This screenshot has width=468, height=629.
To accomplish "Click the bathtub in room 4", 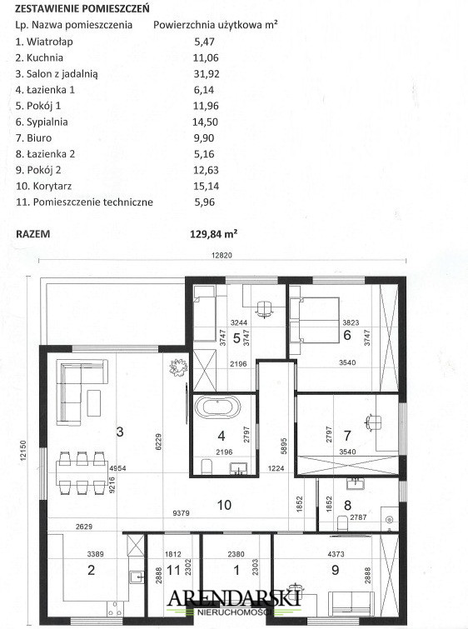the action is [217, 407].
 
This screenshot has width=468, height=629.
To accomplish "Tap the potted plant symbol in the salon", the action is [178, 367].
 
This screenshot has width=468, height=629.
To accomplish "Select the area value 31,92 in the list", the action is [207, 74].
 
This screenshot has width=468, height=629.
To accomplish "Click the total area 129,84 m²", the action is [214, 234].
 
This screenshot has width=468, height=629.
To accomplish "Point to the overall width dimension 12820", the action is [222, 255].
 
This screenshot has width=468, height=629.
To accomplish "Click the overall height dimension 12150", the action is [22, 450].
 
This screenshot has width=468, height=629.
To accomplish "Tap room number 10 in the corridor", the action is [224, 505].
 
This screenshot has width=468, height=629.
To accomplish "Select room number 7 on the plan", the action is [347, 435].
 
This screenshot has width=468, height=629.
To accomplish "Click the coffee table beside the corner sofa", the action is [94, 403].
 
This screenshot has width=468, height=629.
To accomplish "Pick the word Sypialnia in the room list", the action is [47, 122].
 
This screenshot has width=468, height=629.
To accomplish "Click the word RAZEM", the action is [32, 234].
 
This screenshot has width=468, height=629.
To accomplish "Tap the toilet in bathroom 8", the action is [342, 522].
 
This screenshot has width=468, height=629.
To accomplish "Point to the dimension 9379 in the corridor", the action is [181, 513].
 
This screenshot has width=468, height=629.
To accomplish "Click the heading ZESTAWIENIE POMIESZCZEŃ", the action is [82, 8].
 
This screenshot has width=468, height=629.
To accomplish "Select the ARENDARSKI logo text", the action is [234, 597].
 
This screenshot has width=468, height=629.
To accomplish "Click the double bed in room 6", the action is [315, 320].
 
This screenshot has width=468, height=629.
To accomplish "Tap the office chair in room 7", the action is [373, 422].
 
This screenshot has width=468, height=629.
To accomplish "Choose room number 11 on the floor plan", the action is [173, 570].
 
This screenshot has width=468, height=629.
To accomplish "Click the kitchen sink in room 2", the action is [137, 577].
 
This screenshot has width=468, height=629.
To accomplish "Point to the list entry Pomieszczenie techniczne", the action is [92, 202].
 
